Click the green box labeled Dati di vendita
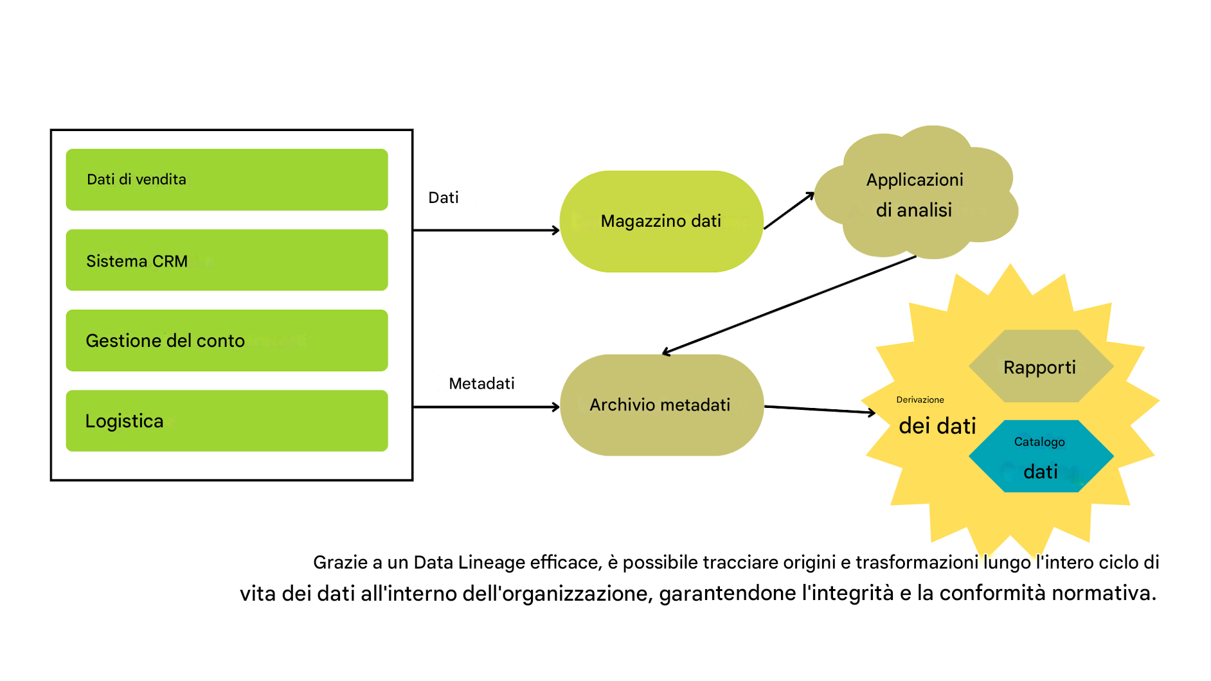click(226, 179)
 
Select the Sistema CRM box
click(226, 260)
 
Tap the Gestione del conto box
click(226, 340)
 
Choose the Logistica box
click(226, 421)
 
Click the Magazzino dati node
click(661, 222)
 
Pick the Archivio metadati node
click(661, 405)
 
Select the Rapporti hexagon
click(1040, 367)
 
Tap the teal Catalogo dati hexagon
click(1040, 457)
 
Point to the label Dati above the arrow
click(444, 198)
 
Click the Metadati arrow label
click(481, 384)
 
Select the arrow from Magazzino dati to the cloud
click(789, 211)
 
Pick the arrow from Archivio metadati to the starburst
click(820, 409)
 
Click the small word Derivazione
click(920, 400)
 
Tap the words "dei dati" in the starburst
click(937, 426)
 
